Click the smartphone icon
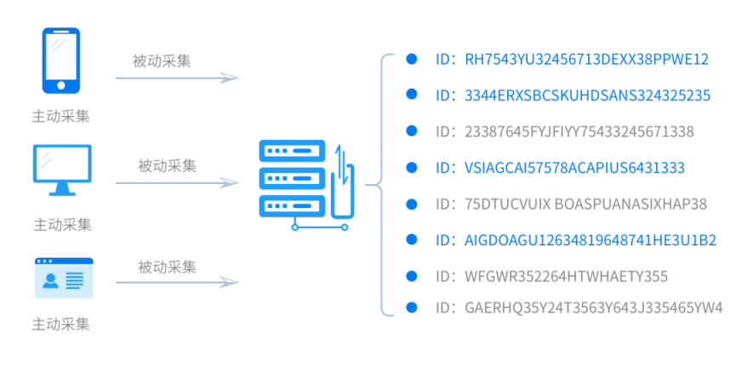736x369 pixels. (61, 61)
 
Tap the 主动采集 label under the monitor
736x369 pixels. (61, 225)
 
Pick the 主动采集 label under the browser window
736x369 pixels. (60, 325)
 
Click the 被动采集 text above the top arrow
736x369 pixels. (162, 61)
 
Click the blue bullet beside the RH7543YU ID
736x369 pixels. (411, 59)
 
